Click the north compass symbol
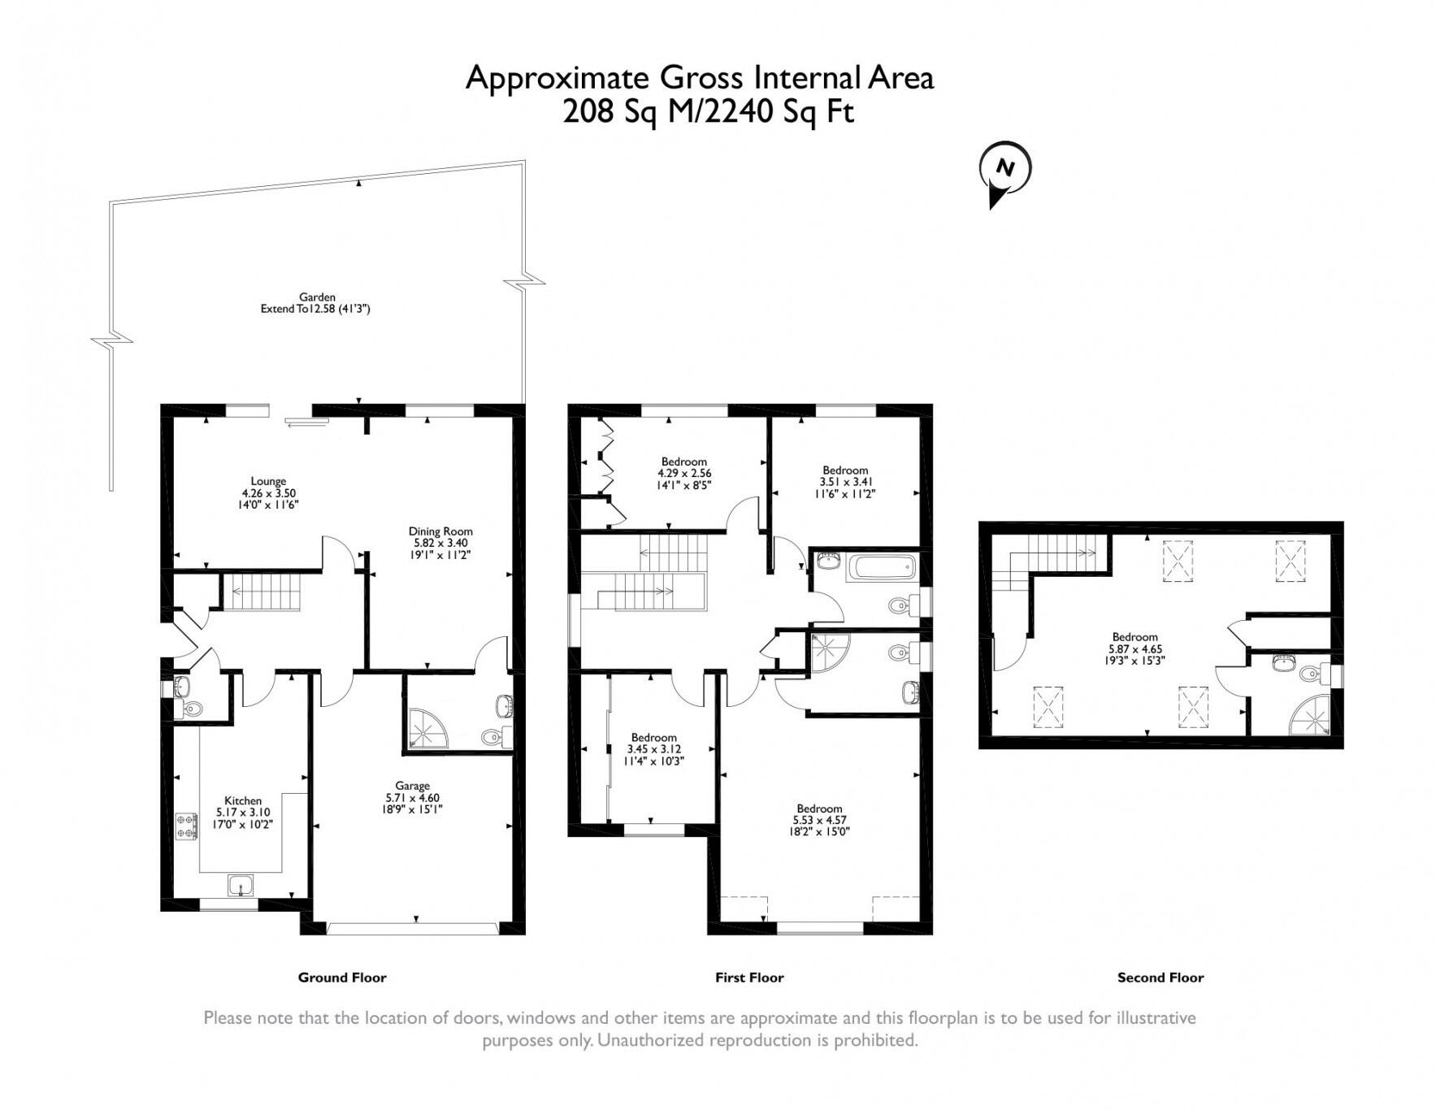1006,173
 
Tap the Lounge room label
268,492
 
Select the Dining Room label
440,543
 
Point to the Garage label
413,797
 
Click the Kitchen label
243,812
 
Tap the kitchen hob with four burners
187,826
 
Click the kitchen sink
241,884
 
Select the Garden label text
315,303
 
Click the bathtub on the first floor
881,567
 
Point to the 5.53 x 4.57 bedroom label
819,820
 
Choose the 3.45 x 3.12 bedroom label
653,749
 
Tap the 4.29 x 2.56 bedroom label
684,473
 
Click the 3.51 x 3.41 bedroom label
845,481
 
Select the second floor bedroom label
1134,648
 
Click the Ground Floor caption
342,978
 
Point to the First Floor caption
749,978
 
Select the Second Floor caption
1161,978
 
